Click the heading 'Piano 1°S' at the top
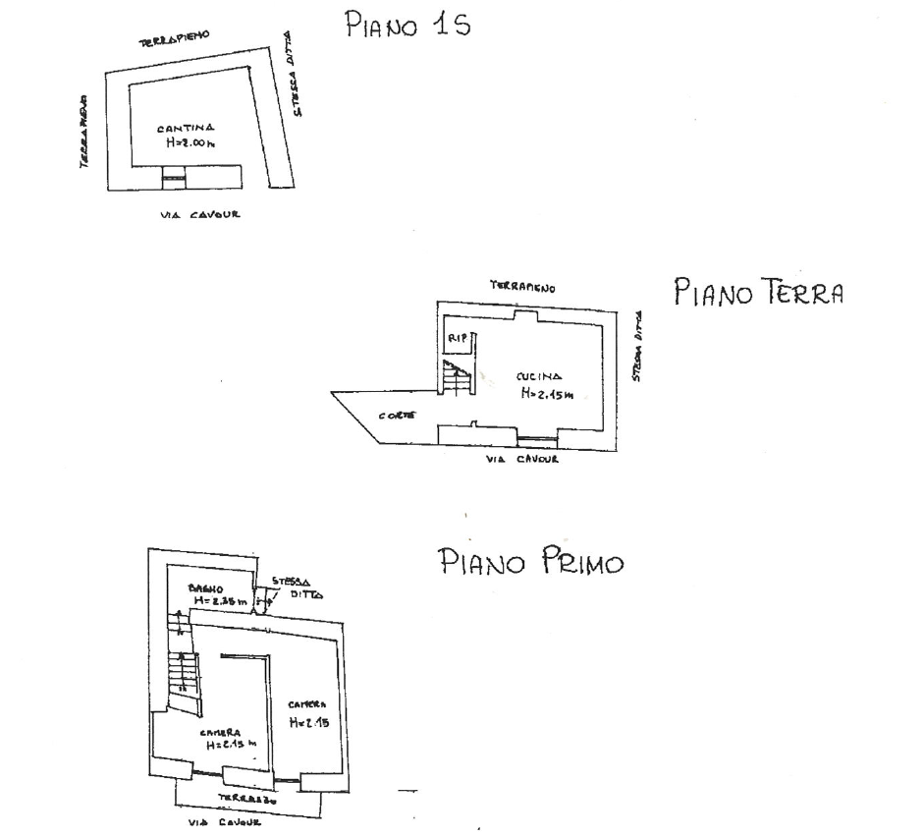coord(406,27)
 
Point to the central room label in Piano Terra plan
coord(539,384)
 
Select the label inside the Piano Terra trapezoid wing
coord(396,416)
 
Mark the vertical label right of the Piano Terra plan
coord(636,349)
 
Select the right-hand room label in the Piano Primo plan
coord(307,714)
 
